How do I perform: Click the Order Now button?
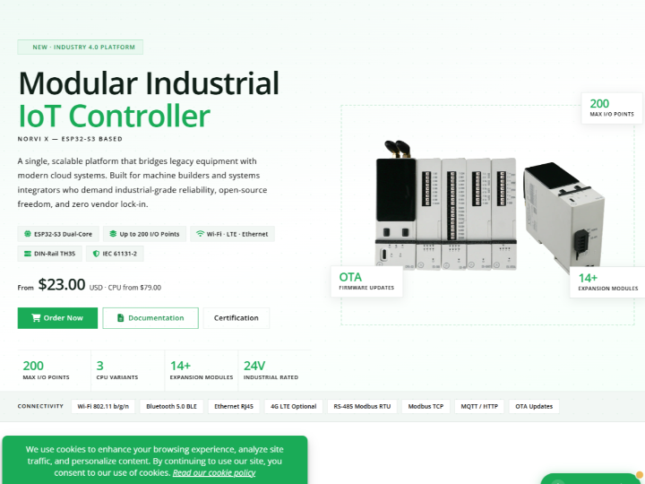click(57, 317)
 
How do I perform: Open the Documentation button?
click(150, 317)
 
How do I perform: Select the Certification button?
click(236, 317)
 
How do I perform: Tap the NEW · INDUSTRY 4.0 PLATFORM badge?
click(81, 47)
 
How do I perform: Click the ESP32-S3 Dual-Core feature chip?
click(58, 234)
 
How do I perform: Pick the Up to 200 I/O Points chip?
click(144, 234)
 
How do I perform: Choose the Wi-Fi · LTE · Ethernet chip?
click(232, 234)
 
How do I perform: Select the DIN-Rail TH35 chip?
click(50, 254)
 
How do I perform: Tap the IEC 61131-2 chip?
click(115, 254)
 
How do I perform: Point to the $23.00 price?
click(62, 284)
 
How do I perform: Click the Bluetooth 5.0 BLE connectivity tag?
click(171, 406)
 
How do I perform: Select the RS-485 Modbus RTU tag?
click(362, 406)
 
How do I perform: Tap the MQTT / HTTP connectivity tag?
click(479, 406)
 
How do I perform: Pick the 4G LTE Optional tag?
click(293, 406)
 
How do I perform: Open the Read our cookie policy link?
click(214, 472)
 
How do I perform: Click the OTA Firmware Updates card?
click(366, 281)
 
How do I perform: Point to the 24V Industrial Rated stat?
click(271, 369)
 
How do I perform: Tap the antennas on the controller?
click(398, 149)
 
